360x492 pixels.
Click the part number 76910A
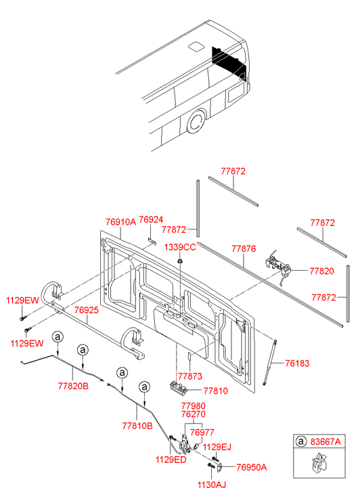point(120,222)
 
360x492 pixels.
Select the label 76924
point(151,220)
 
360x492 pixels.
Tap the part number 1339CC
point(180,247)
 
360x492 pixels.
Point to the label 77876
point(244,249)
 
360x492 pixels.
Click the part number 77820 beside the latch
point(321,271)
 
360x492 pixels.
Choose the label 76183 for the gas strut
point(297,363)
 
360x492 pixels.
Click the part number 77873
point(190,376)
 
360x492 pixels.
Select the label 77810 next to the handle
point(216,391)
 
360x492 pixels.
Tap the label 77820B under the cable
point(73,386)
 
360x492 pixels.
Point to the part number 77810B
point(137,426)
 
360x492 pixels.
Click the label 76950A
point(252,467)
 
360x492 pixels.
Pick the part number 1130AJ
point(212,485)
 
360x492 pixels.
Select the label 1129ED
point(171,460)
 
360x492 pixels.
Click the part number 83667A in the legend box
point(325,442)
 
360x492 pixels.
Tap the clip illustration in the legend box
point(319,462)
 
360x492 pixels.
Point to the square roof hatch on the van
point(196,46)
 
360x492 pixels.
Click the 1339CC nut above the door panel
point(180,261)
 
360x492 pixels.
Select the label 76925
point(87,310)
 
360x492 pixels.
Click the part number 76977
point(202,432)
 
